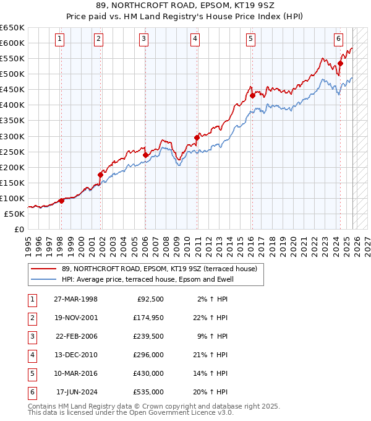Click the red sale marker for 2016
point(252,95)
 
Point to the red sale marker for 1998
point(61,201)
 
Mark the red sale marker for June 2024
point(340,63)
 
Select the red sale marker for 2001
point(100,175)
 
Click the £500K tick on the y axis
point(13,74)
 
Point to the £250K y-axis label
point(13,152)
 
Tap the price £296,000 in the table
point(148,355)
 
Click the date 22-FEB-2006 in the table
point(77,336)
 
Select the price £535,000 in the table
point(148,392)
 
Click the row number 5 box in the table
point(32,373)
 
